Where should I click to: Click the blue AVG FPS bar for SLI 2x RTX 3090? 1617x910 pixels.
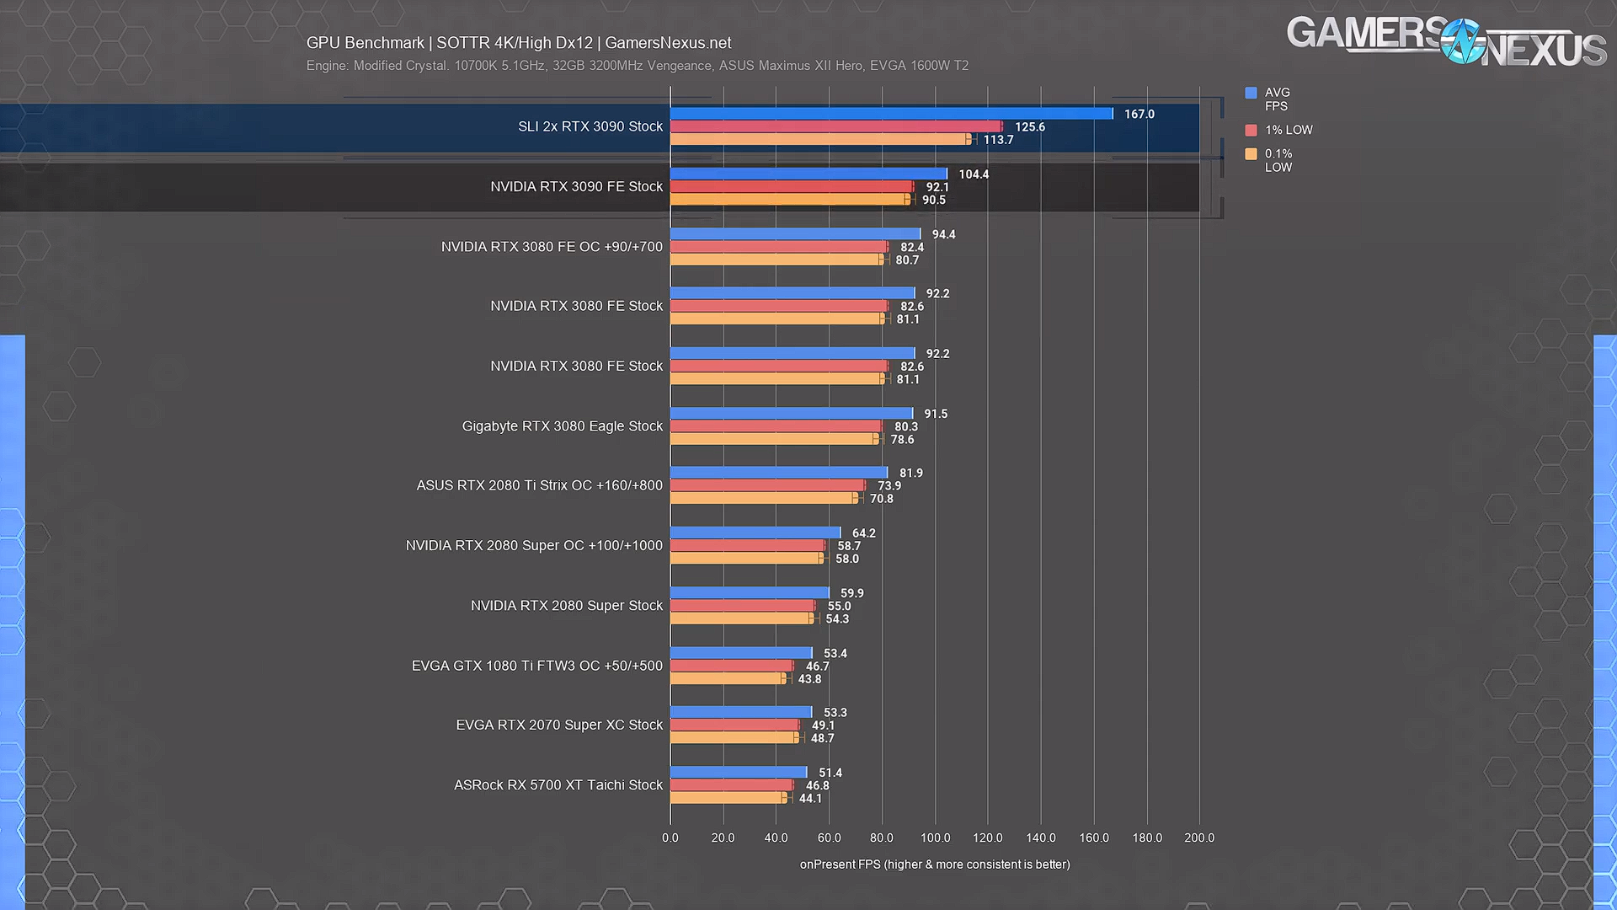[891, 114]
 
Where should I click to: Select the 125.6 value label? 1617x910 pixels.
[1029, 127]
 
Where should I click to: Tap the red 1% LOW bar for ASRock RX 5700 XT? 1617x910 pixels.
[731, 785]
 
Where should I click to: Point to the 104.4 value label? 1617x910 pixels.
[974, 174]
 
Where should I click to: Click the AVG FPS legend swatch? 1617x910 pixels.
[1251, 94]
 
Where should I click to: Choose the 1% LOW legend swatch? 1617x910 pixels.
[1251, 131]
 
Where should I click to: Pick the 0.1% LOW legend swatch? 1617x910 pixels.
[1251, 154]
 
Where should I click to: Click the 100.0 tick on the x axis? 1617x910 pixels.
[935, 838]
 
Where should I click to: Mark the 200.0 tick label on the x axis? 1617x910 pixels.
[1199, 838]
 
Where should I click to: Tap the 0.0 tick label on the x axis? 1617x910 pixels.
[670, 838]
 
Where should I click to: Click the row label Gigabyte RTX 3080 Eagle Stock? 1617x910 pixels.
[562, 426]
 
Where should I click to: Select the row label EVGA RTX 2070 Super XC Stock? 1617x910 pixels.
[559, 725]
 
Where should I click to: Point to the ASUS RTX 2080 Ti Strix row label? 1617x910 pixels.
[539, 485]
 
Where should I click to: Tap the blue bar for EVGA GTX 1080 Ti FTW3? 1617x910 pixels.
[741, 653]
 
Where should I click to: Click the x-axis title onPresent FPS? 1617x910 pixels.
[935, 864]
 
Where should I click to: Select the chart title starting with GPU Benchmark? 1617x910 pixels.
[519, 43]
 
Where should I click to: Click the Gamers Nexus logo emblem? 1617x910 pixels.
[1462, 41]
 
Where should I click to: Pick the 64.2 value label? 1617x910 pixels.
[863, 533]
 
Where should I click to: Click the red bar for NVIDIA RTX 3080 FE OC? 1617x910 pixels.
[778, 247]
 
